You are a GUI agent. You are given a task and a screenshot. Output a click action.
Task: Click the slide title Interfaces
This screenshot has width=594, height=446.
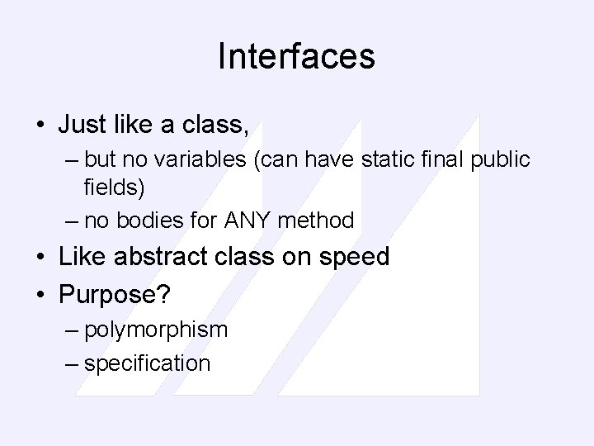[296, 57]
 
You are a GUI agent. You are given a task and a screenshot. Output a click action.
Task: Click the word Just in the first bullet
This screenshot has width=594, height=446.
[82, 126]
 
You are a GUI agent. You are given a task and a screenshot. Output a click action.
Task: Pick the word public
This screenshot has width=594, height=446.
[501, 159]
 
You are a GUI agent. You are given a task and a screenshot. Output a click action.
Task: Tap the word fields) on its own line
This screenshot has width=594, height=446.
[114, 187]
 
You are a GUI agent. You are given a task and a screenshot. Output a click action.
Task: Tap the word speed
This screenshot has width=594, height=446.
[352, 257]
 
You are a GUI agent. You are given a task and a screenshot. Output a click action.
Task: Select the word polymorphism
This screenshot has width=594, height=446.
[156, 330]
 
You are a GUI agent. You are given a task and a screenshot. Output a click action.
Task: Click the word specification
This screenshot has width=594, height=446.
[147, 363]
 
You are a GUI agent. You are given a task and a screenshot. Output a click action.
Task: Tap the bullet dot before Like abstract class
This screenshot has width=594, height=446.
[40, 258]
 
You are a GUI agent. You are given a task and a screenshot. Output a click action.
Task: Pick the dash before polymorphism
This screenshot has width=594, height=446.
[69, 330]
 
